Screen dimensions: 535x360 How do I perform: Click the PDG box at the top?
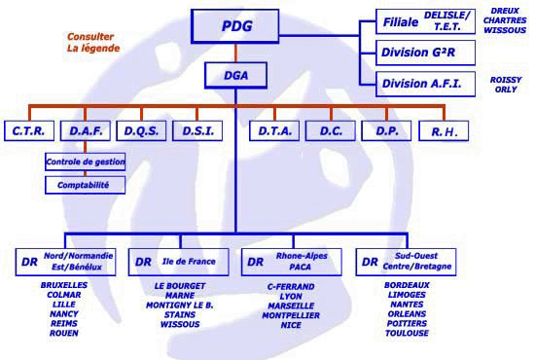click(x=235, y=26)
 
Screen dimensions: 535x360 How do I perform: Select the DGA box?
click(x=235, y=76)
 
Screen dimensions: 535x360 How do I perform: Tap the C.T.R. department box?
click(x=29, y=130)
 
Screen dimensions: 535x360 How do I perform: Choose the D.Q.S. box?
click(x=141, y=130)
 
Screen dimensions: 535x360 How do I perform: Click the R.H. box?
click(x=444, y=130)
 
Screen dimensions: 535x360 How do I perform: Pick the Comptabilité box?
click(x=85, y=185)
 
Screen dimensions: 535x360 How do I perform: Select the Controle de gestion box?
click(x=85, y=162)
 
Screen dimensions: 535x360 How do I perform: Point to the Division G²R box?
click(x=425, y=53)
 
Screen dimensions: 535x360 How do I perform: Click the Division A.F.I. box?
click(x=425, y=84)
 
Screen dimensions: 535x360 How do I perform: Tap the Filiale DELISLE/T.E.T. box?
click(x=425, y=21)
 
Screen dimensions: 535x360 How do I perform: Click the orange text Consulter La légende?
click(x=93, y=42)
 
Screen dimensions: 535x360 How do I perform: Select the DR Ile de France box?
click(x=178, y=262)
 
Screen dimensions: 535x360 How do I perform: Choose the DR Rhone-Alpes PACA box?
click(x=292, y=262)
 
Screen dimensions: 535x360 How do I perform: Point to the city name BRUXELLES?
click(x=64, y=285)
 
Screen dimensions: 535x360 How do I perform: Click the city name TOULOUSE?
click(x=407, y=333)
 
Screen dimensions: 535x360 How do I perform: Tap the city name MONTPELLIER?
click(x=291, y=315)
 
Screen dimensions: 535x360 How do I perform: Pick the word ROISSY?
click(x=506, y=80)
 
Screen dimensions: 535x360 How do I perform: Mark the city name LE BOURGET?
click(x=180, y=286)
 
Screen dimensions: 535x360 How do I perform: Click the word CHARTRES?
click(x=505, y=20)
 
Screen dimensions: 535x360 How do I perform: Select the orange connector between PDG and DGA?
click(x=235, y=53)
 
